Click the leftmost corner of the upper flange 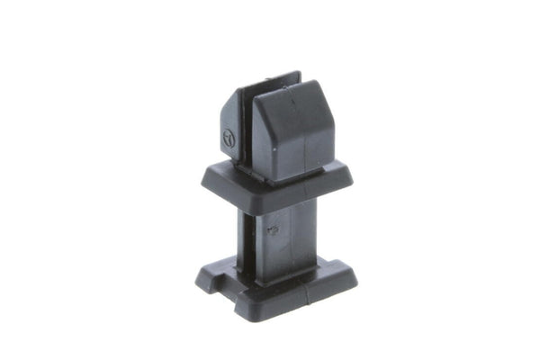[x=203, y=180]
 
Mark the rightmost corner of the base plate [x=355, y=274]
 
